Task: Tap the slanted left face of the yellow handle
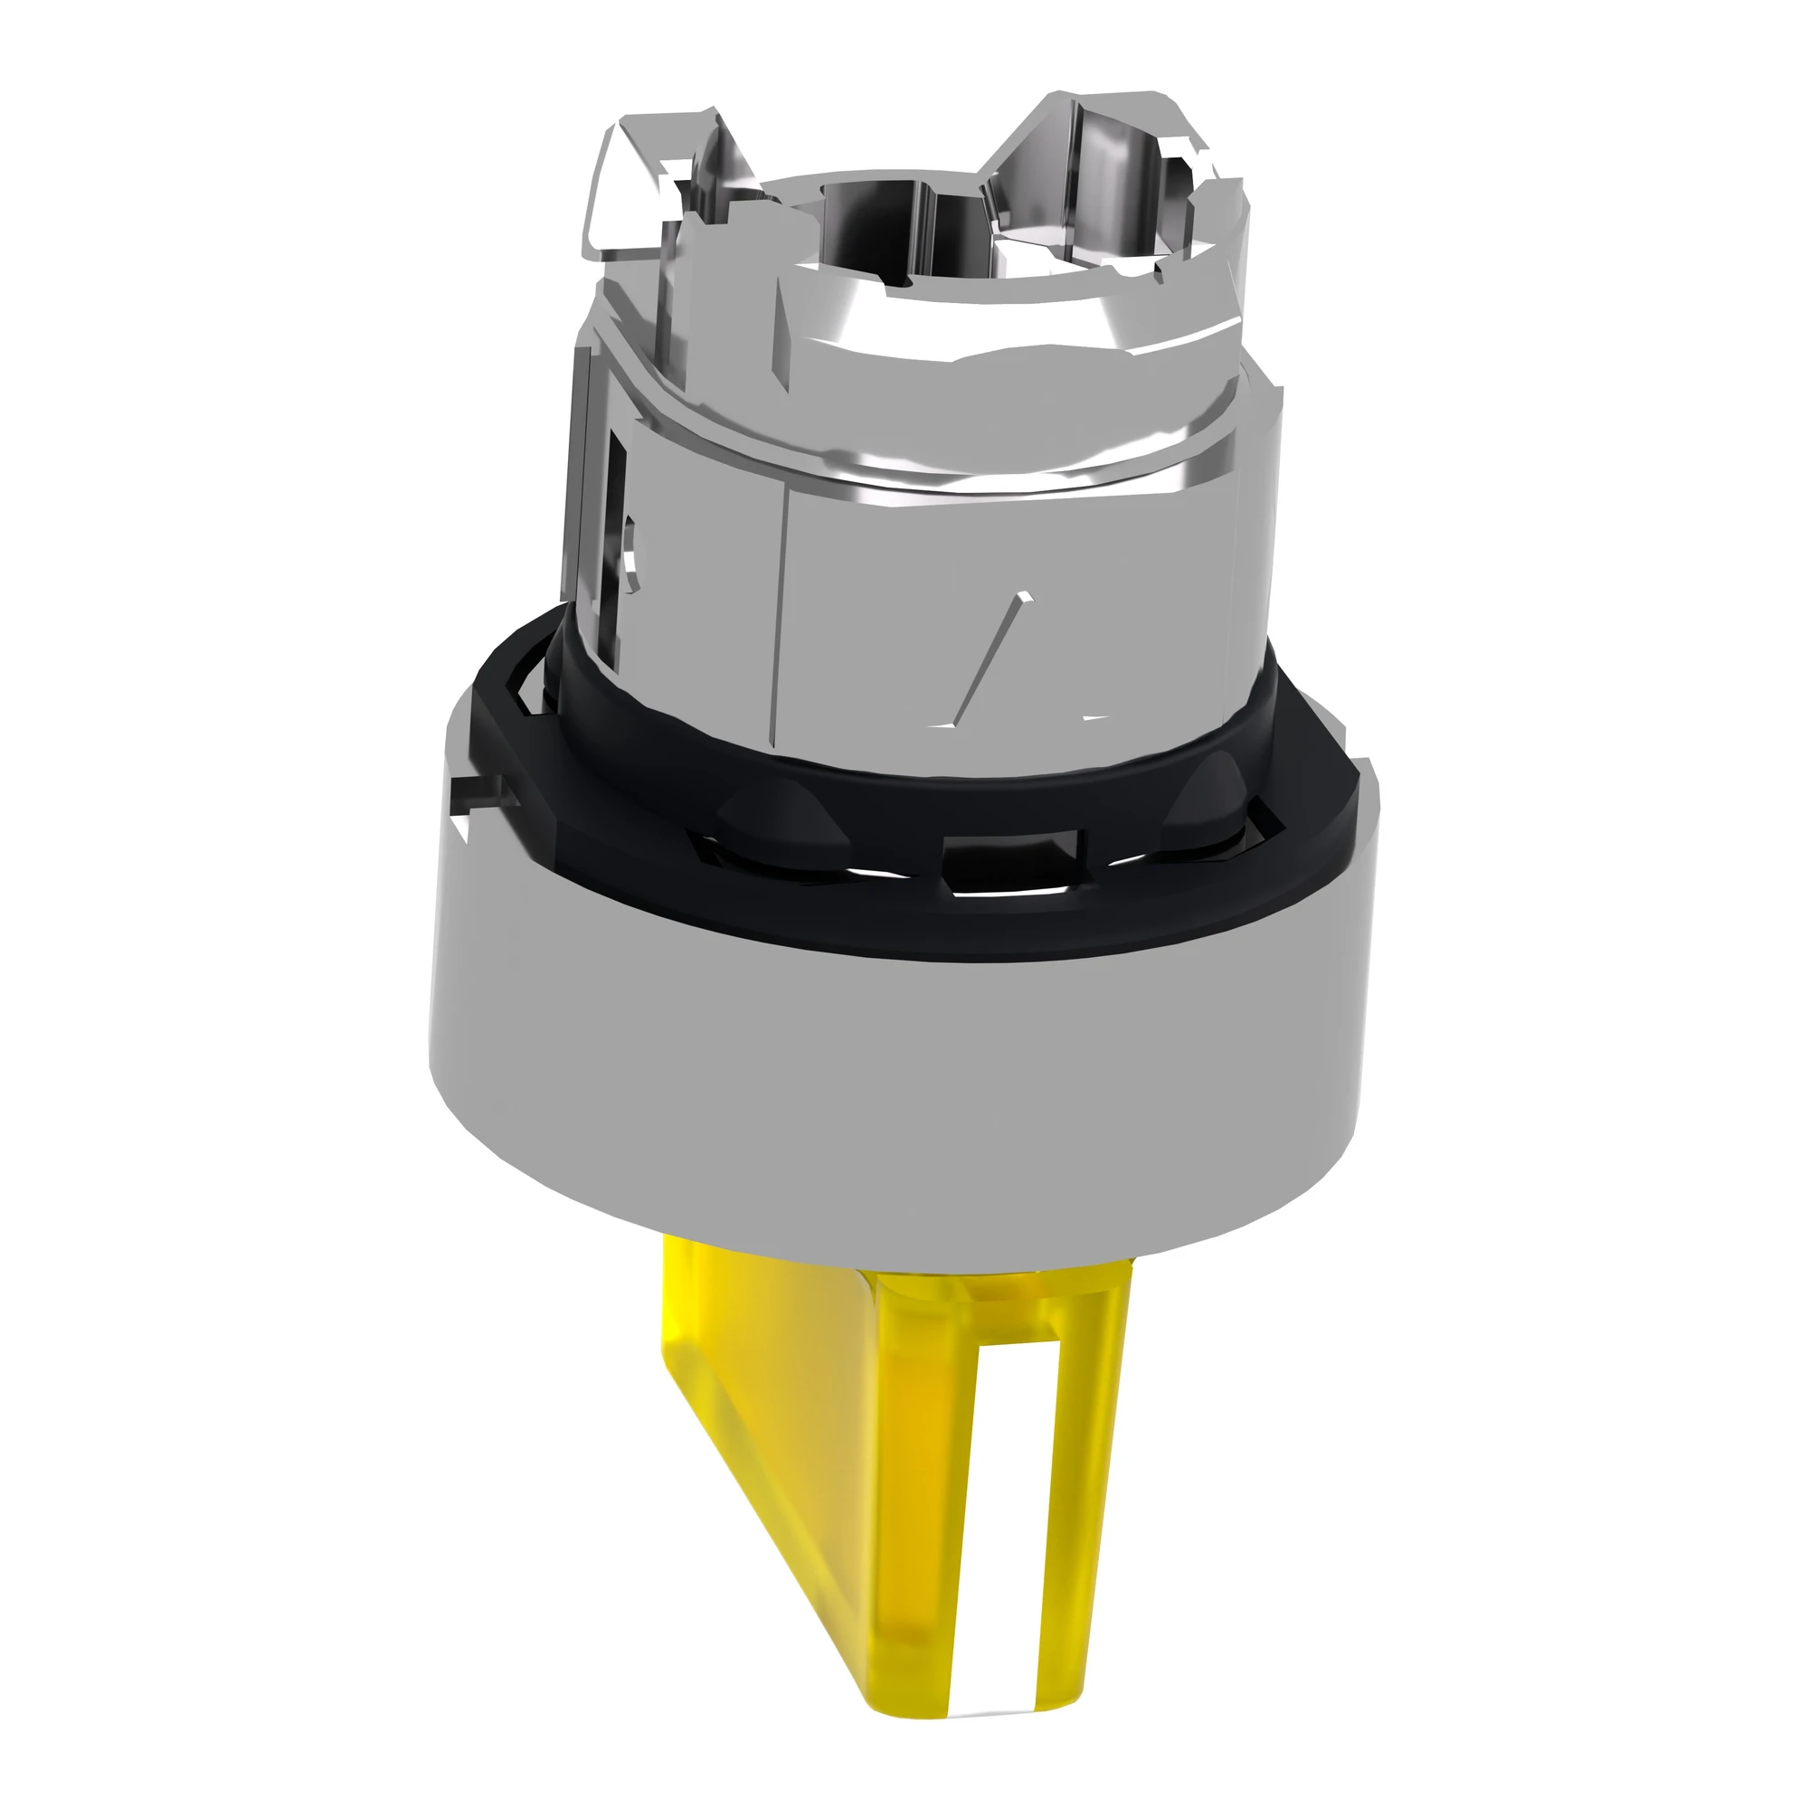[x=796, y=1461]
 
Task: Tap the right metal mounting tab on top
[x=1105, y=159]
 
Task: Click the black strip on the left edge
[x=184, y=904]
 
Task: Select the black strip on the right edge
[x=1624, y=904]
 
